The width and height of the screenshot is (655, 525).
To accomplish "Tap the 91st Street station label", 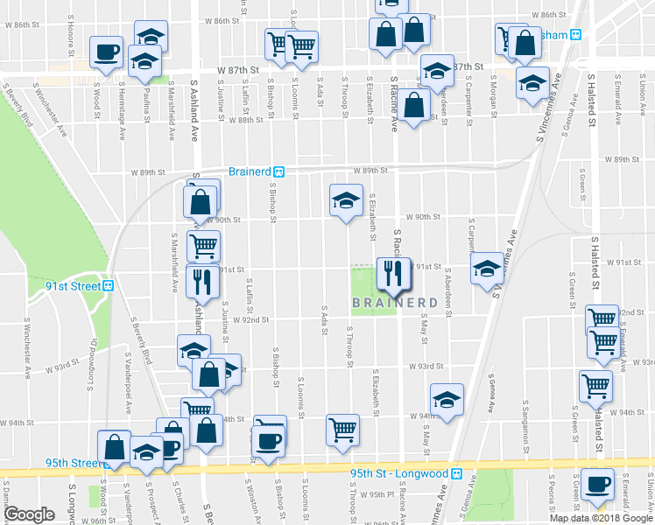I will coord(74,286).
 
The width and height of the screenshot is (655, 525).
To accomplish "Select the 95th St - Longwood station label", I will coord(398,473).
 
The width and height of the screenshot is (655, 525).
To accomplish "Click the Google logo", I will coord(29,514).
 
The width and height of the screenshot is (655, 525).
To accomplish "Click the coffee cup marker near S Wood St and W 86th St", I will coord(106,50).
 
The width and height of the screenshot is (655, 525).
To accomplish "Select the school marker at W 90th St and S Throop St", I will coord(345,200).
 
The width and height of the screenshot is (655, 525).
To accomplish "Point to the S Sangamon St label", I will coord(525,411).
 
